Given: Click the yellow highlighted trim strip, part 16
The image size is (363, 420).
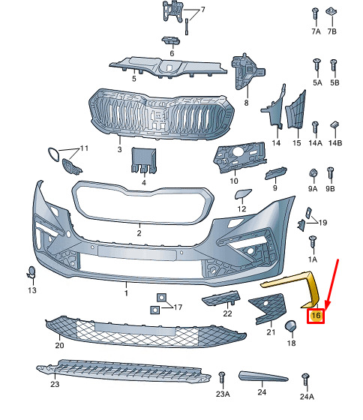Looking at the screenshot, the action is click(311, 286).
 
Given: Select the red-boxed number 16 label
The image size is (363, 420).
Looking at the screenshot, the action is click(316, 316).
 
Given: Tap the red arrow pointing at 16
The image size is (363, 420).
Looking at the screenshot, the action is click(332, 286).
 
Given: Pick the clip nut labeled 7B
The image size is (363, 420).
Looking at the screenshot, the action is click(331, 11).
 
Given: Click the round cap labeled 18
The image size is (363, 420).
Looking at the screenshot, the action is click(290, 325).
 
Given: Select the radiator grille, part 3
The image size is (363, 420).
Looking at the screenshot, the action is click(162, 115).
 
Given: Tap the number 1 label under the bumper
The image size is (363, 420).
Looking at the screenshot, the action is click(126, 292).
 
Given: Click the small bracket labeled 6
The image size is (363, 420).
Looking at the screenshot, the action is click(171, 40).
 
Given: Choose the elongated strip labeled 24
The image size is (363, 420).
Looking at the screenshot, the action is click(263, 376).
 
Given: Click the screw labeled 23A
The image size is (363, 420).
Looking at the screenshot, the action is click(222, 378).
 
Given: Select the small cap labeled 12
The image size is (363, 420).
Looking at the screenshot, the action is click(243, 193).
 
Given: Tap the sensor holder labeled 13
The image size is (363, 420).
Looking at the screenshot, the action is click(31, 272).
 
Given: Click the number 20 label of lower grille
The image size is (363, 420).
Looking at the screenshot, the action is click(59, 345).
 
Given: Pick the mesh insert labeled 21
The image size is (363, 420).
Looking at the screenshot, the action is click(268, 307).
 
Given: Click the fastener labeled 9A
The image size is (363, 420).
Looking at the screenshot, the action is click(313, 173).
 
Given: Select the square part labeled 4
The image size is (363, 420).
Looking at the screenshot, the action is click(143, 160).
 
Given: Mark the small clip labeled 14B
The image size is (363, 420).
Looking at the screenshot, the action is click(334, 124).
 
